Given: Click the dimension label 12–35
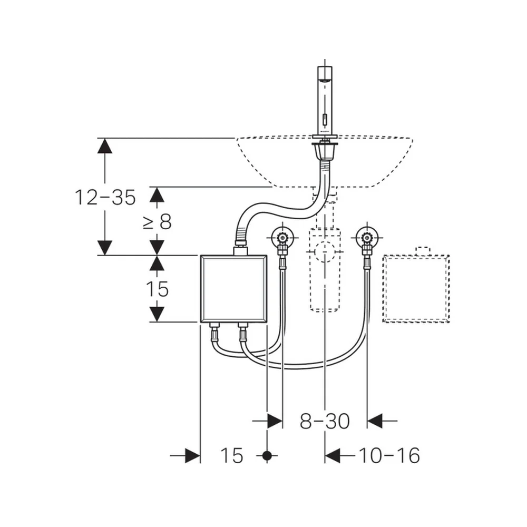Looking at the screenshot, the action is point(105,197).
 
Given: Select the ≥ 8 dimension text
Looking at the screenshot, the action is point(157,222).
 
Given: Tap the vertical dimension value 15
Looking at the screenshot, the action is point(157,289).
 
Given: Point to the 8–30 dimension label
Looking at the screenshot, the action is point(325,421).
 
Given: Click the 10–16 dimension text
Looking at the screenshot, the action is point(389,456).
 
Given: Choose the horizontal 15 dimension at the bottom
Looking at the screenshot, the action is point(231,456).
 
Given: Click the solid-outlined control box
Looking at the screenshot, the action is point(233,289).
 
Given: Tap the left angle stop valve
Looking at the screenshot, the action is point(282,238).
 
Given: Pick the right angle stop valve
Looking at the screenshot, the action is point(367,238).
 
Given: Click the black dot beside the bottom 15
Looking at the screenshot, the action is point(267,456).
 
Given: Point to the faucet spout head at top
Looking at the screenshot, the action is point(325,74).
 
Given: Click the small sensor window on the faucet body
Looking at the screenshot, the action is point(325,119).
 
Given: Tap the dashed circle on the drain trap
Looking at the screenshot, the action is point(325,251).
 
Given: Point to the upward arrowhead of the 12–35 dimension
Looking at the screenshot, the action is point(105,146).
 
